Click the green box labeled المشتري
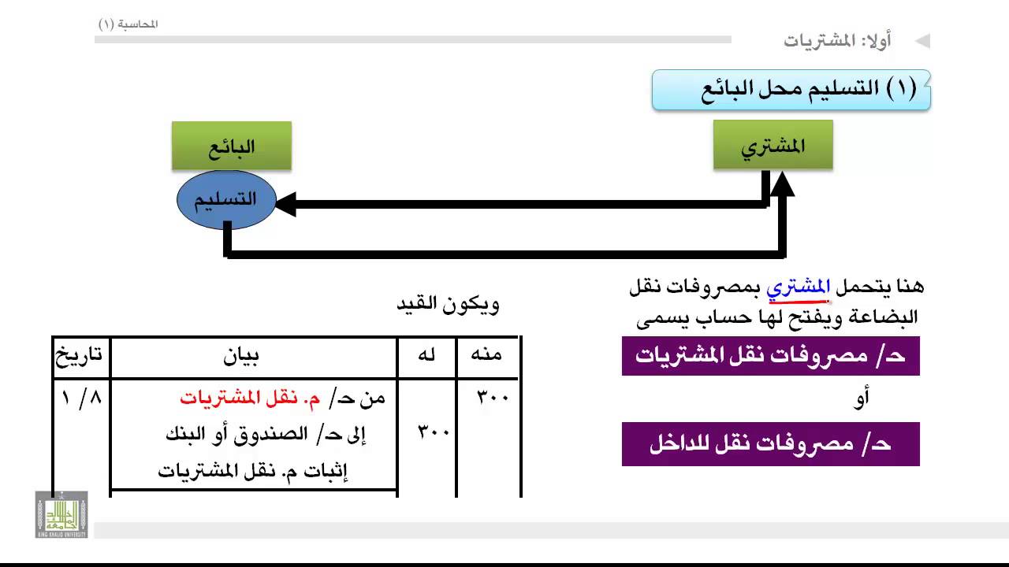[773, 145]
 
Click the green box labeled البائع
[232, 146]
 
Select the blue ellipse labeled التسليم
[226, 199]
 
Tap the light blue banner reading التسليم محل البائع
[791, 90]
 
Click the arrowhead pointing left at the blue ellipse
[285, 204]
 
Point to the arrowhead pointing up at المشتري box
[783, 183]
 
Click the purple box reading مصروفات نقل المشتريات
[771, 355]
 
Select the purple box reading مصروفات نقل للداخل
[771, 443]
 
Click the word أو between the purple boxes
[861, 398]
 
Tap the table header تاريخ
[79, 356]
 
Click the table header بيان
[241, 357]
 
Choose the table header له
[426, 355]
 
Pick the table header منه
[486, 354]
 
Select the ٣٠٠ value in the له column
[434, 432]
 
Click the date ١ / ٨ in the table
[81, 398]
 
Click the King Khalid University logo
[61, 514]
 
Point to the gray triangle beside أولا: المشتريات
[923, 41]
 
